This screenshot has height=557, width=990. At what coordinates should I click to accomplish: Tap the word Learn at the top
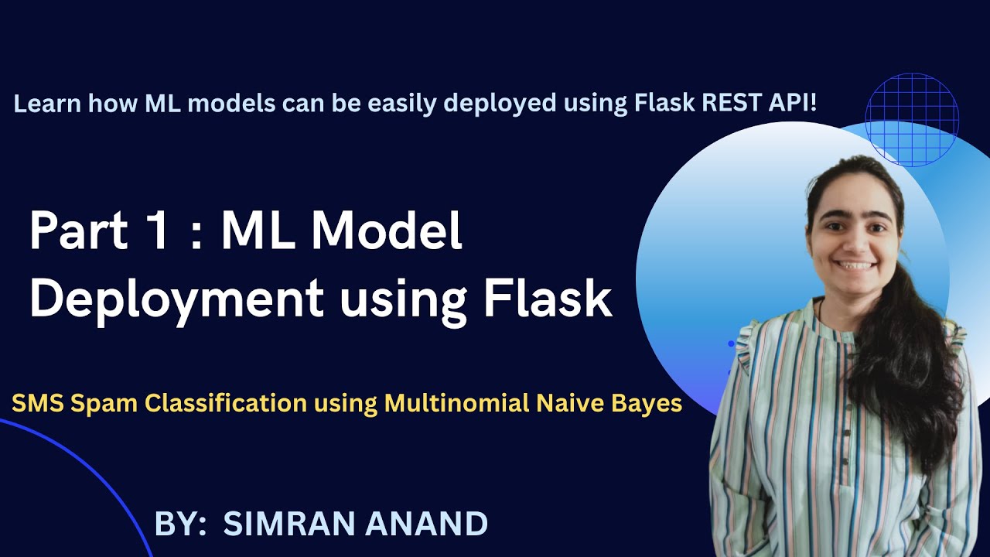pos(47,104)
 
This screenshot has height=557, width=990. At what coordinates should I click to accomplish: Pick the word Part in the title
pos(79,231)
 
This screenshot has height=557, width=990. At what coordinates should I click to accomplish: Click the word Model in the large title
pos(387,231)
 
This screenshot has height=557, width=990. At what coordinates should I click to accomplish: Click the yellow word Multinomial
pos(457,403)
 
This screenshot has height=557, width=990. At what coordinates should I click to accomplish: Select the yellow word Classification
pos(226,403)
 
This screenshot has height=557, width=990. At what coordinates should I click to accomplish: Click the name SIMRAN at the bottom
pos(292,524)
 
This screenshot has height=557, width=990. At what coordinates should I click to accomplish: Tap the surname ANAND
pos(426,524)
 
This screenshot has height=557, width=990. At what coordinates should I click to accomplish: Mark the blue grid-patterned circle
pos(912,120)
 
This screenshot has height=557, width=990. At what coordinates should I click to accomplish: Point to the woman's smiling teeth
pos(855,265)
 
